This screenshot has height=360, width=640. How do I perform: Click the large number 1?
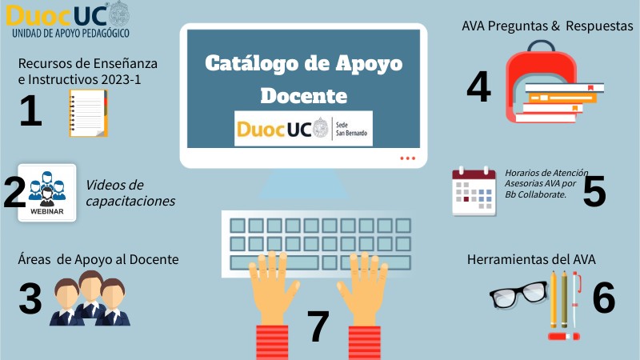30,110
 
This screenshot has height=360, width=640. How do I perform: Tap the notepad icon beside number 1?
88,113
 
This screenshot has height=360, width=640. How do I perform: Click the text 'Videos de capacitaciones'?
130,193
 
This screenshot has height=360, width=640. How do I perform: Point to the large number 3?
30,298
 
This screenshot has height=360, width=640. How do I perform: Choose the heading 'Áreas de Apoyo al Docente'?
98,259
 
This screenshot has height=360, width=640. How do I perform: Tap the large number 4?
478,86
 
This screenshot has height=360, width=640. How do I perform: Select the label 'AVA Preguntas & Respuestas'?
547,26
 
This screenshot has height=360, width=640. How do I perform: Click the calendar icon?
474,191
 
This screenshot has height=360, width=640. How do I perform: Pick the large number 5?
594,191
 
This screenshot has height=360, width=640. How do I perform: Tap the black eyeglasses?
518,294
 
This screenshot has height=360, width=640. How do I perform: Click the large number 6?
603,298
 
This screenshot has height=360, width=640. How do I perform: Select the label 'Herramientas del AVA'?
531,259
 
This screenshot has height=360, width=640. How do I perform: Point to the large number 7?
318,326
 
